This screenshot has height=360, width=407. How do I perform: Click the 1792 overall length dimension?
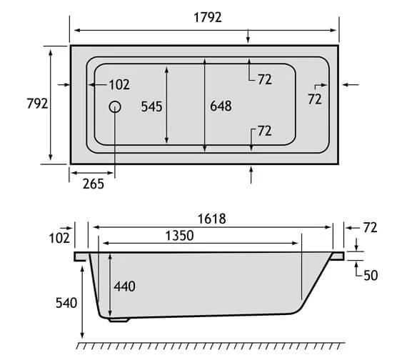pyautogui.click(x=205, y=18)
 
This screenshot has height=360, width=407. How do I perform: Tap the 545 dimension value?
pyautogui.click(x=151, y=106)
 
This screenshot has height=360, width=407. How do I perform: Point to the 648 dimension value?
pyautogui.click(x=221, y=106)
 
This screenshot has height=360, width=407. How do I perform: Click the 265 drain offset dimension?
pyautogui.click(x=92, y=184)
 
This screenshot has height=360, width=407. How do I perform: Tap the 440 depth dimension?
pyautogui.click(x=124, y=286)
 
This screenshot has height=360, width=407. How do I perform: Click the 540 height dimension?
pyautogui.click(x=65, y=303)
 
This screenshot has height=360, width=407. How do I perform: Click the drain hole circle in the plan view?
pyautogui.click(x=115, y=106)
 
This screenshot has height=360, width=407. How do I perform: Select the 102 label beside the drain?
pyautogui.click(x=119, y=85)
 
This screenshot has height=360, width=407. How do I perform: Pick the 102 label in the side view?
pyautogui.click(x=60, y=237)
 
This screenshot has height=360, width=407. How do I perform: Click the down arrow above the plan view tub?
pyautogui.click(x=248, y=37)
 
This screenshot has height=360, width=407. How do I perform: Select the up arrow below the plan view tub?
pyautogui.click(x=251, y=174)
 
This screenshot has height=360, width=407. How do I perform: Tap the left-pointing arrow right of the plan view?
pyautogui.click(x=350, y=85)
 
